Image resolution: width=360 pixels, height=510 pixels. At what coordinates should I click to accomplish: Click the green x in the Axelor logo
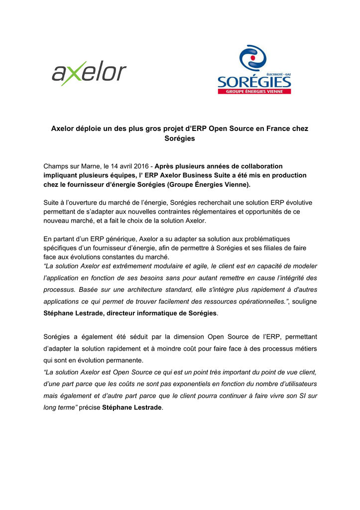(x=73, y=74)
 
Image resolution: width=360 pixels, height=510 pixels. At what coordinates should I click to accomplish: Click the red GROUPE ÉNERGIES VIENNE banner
(x=254, y=91)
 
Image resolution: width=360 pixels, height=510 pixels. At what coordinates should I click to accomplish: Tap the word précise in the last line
(x=89, y=408)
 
